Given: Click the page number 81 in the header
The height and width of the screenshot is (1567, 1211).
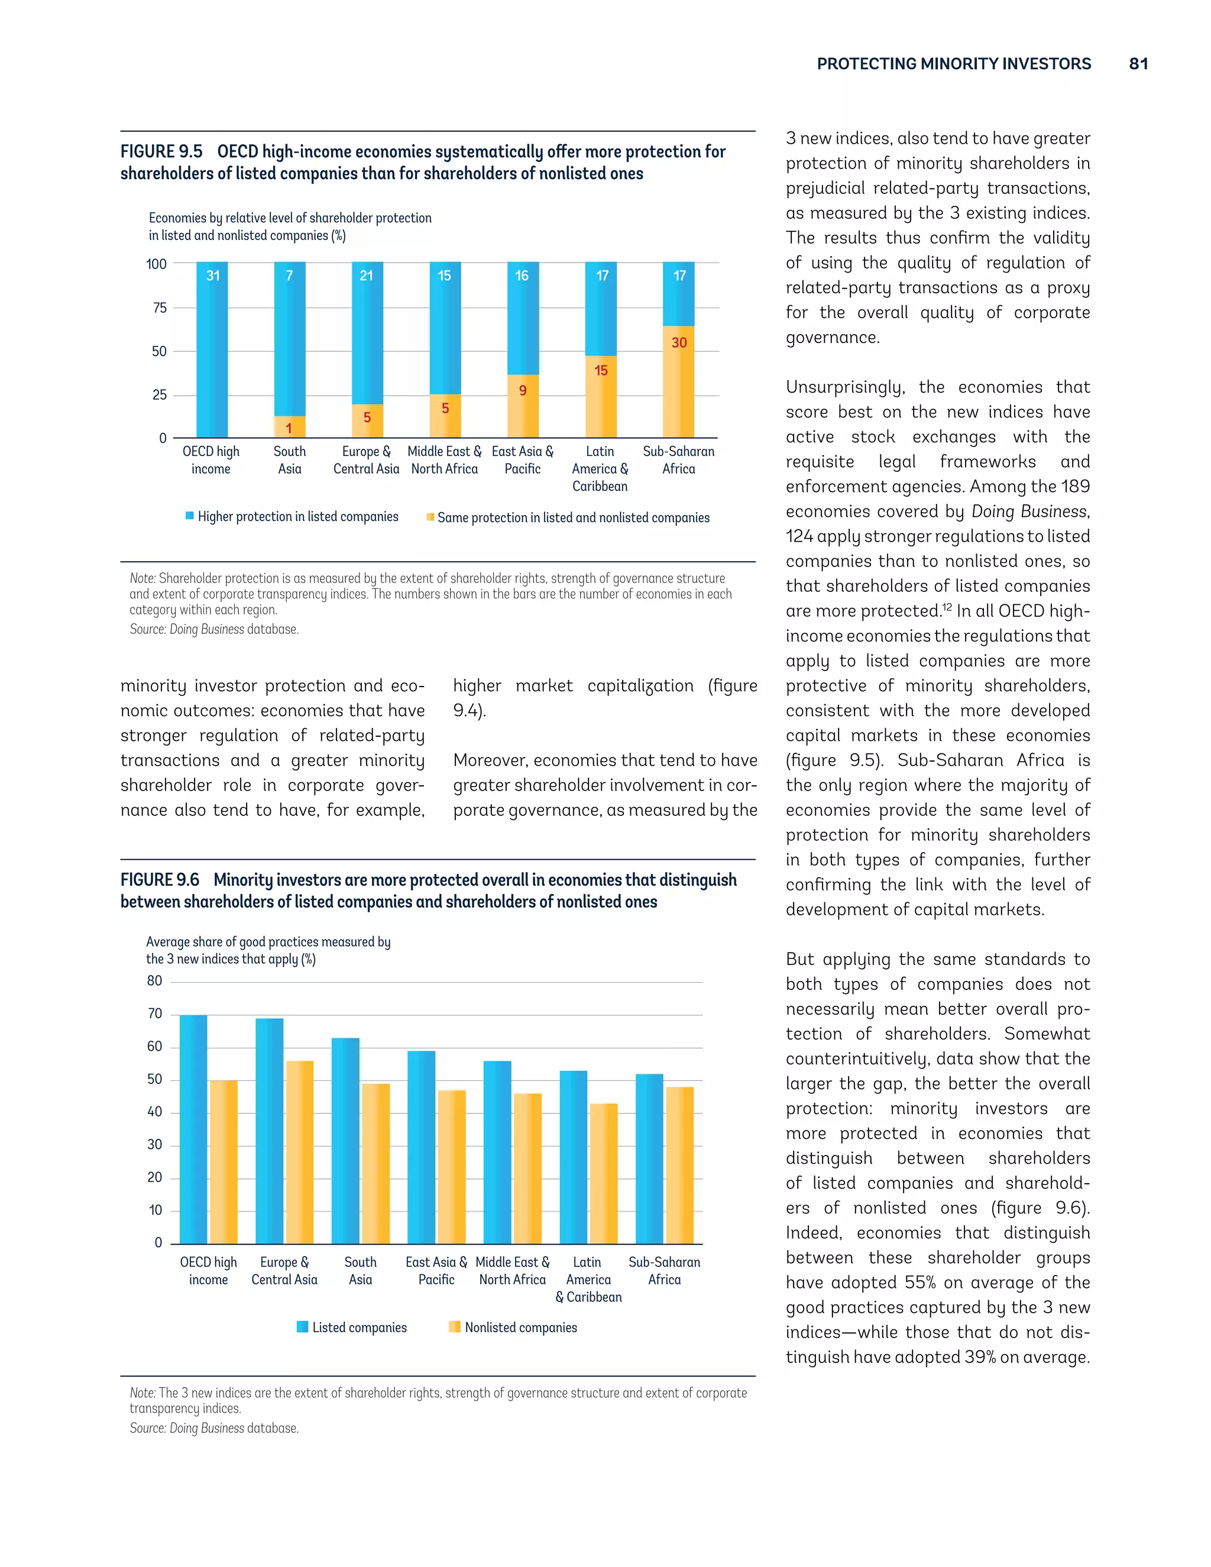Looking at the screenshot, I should tap(1138, 64).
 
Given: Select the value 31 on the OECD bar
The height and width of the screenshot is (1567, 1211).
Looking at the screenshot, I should tap(213, 276).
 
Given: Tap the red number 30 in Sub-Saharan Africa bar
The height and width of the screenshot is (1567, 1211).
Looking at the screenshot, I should tap(679, 343).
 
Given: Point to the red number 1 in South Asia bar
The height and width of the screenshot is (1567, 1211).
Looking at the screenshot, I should tap(289, 428).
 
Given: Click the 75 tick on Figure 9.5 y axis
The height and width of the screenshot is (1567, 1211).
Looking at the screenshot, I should tap(159, 308).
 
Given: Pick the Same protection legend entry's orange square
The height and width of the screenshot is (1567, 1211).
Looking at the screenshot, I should tap(430, 517).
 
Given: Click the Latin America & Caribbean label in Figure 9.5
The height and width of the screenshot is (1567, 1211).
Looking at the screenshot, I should tap(600, 468).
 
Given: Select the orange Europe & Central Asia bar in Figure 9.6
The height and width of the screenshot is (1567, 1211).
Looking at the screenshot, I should tap(299, 1152).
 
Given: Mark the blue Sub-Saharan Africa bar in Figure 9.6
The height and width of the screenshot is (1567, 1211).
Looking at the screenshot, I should tap(649, 1159).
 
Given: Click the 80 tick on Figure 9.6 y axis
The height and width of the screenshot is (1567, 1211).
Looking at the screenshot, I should tap(154, 981).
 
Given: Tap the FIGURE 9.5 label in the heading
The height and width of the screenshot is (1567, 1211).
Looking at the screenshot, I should tap(161, 151).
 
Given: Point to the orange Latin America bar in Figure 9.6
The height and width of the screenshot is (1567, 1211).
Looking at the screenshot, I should tap(603, 1174).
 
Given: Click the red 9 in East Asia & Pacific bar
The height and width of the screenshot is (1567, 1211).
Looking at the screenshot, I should tap(523, 390).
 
